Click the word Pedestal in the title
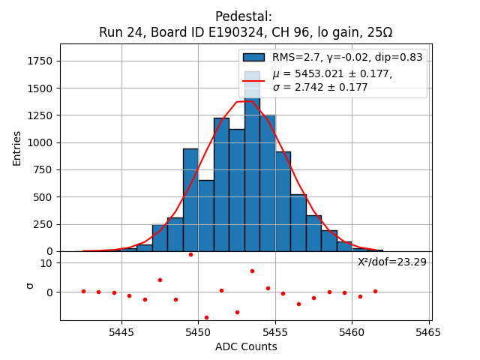point(243,16)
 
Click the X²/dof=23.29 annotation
point(391,262)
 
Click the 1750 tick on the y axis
point(42,61)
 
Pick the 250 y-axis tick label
point(45,224)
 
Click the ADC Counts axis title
point(246,346)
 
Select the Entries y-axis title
point(17,148)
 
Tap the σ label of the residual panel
point(30,286)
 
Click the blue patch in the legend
point(253,57)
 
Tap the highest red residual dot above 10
point(190,254)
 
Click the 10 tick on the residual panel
point(46,263)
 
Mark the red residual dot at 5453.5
point(252,271)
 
